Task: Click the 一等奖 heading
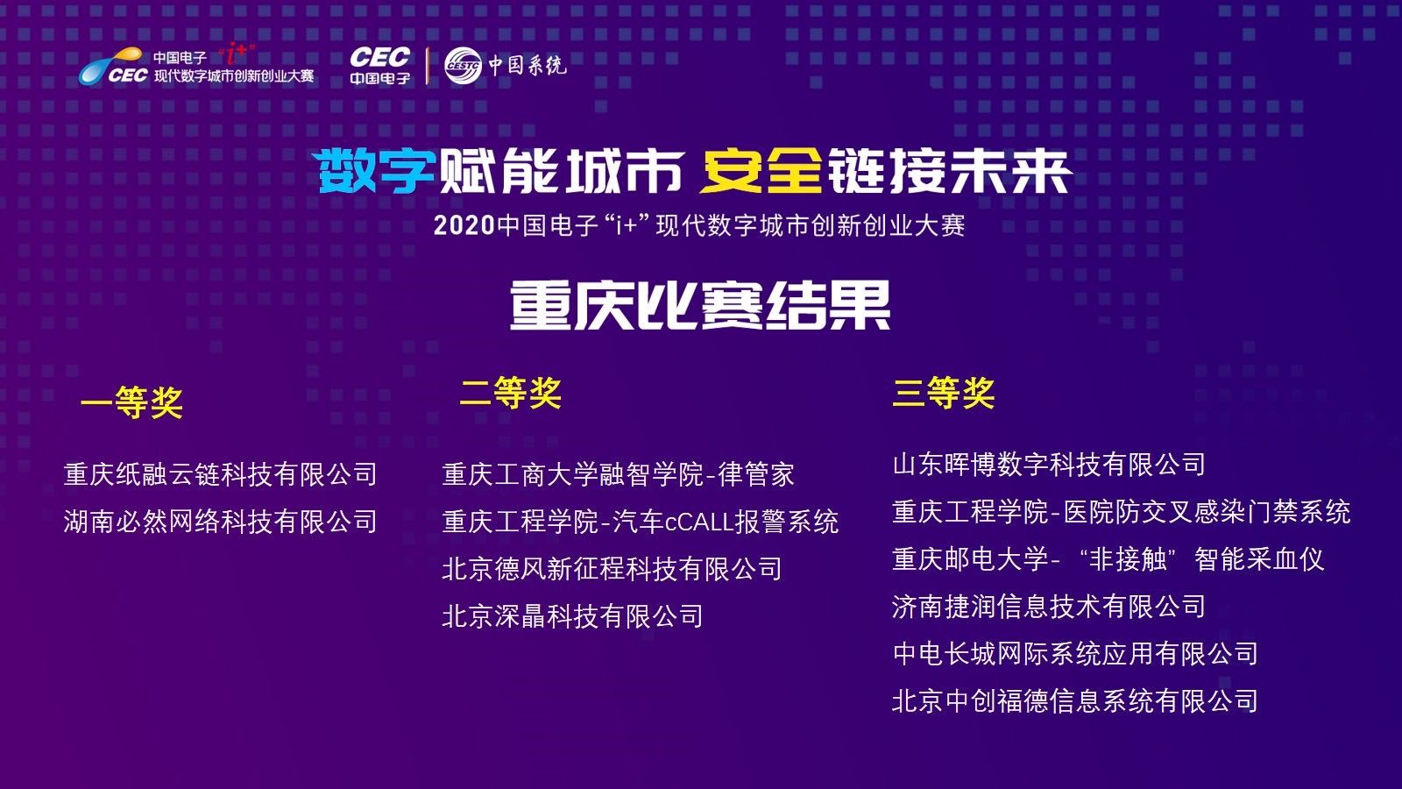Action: (131, 402)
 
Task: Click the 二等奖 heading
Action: (511, 394)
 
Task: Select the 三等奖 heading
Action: (943, 394)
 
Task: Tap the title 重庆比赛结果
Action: (700, 305)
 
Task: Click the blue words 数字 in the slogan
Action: (377, 171)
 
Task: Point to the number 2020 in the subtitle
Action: (464, 226)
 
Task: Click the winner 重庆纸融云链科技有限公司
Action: (220, 474)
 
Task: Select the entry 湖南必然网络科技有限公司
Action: (220, 522)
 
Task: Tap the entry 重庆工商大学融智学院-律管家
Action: (619, 474)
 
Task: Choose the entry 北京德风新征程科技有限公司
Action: (612, 569)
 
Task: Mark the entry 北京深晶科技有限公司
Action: (573, 616)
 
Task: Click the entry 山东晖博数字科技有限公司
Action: (1049, 465)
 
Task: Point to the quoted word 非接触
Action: (1128, 559)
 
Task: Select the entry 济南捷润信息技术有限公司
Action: (1049, 606)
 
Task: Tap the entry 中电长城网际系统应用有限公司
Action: (1075, 654)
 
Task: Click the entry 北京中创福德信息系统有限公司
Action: (1075, 700)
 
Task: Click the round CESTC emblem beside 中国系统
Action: (464, 65)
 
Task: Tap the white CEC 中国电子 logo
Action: (380, 65)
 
